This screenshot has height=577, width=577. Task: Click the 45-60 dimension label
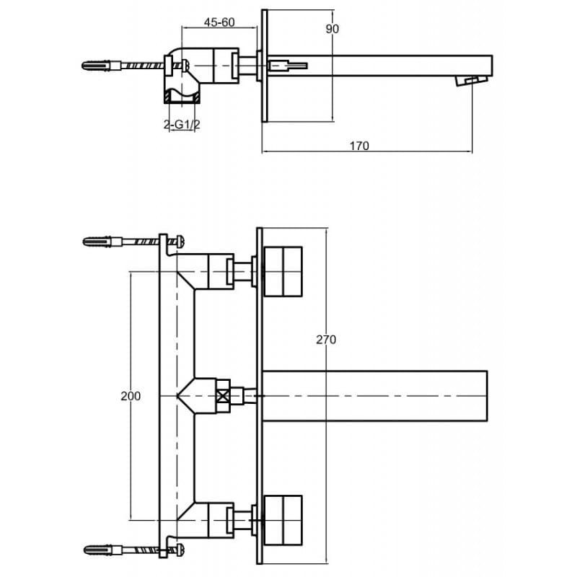tap(219, 22)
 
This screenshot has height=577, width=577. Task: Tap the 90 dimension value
tap(332, 29)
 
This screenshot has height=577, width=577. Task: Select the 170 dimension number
tap(358, 146)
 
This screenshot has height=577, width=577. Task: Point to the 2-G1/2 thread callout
tap(182, 125)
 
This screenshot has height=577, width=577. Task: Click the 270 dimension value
tap(326, 339)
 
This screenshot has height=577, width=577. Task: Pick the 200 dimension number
tap(131, 396)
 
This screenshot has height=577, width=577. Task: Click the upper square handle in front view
tap(283, 272)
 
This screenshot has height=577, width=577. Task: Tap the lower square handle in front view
tap(283, 520)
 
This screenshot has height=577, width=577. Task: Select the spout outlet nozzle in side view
tap(472, 81)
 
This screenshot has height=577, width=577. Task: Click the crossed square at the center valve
tap(223, 396)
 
